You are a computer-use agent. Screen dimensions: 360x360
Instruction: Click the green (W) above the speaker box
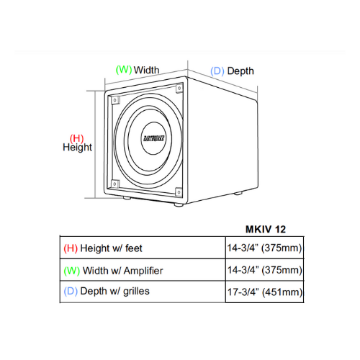coord(124,70)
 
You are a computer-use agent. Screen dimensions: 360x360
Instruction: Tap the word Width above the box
coord(146,70)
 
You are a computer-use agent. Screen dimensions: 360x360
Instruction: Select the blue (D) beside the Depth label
coord(217,71)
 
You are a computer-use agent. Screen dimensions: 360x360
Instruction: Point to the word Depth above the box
coord(240,71)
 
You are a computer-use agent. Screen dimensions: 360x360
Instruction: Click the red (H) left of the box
coord(76,138)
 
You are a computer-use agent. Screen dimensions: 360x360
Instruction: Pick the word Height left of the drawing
coord(77,148)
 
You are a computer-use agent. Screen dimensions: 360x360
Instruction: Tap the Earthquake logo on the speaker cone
coord(154,138)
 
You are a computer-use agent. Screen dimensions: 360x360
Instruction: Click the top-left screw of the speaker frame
coord(115,100)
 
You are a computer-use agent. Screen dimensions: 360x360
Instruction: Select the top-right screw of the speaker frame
coord(179,89)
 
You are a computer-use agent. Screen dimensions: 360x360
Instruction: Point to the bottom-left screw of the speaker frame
coord(114,184)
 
